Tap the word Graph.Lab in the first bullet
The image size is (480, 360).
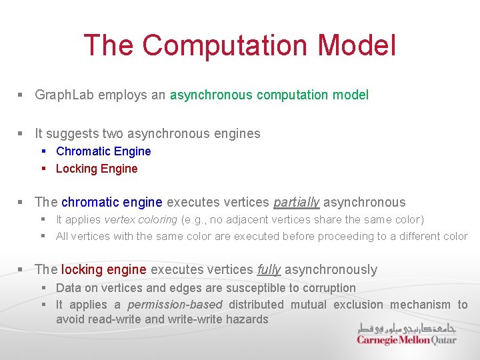(x=65, y=95)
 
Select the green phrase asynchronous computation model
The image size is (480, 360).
(x=269, y=95)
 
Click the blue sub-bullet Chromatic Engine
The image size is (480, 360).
(x=103, y=151)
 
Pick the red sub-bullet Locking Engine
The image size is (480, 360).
(x=97, y=169)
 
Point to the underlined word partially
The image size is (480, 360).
(x=297, y=202)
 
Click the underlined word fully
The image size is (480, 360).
(x=269, y=269)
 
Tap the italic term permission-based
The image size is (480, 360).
(x=175, y=305)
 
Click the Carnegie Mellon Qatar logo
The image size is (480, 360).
(x=407, y=339)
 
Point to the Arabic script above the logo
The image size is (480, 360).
(x=407, y=327)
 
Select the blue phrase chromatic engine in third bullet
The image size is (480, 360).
(x=112, y=202)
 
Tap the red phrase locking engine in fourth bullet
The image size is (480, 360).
(x=103, y=269)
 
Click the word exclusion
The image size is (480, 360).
(x=358, y=305)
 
